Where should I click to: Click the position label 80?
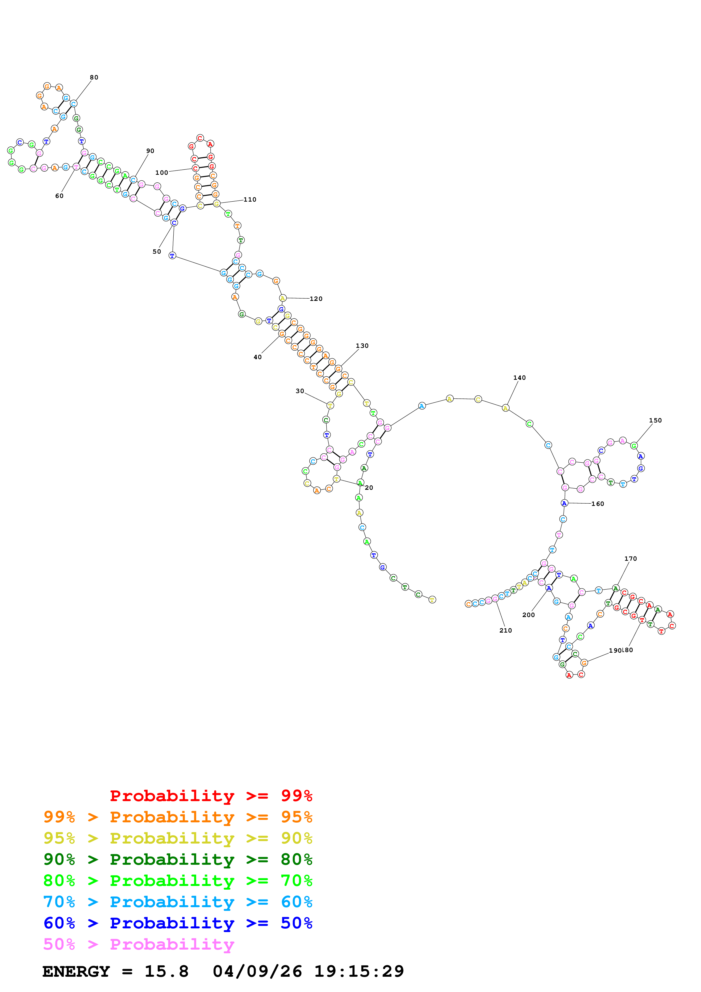point(94,77)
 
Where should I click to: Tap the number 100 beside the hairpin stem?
point(161,173)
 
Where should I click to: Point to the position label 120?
point(316,299)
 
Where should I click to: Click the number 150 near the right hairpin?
point(655,420)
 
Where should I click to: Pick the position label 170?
point(630,559)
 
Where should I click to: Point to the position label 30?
point(300,391)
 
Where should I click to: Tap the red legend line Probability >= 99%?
point(211,796)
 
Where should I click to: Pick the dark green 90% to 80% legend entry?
point(178,859)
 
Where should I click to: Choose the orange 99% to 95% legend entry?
point(178,817)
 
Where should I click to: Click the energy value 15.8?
point(166,971)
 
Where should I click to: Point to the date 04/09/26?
point(257,971)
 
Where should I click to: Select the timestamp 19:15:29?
point(359,971)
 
